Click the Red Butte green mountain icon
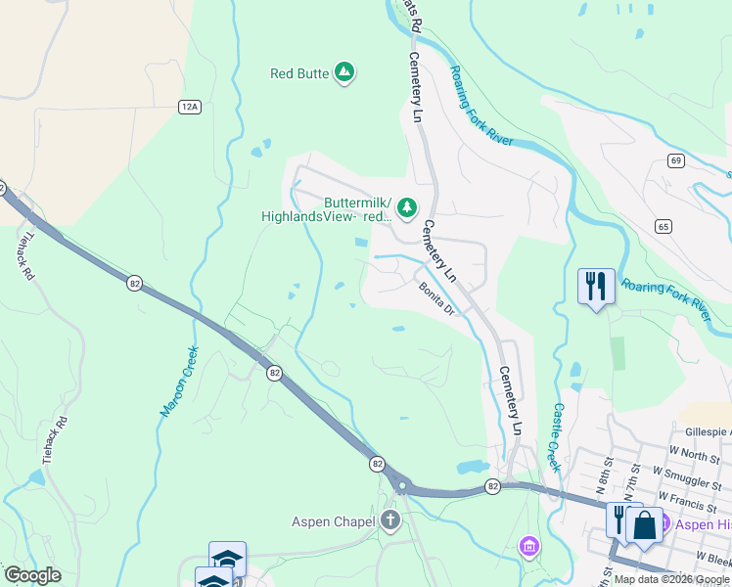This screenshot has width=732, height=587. [x=344, y=72]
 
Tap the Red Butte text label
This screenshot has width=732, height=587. [x=298, y=72]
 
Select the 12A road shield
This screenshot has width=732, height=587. [x=189, y=106]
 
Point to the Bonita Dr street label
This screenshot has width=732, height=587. [x=437, y=297]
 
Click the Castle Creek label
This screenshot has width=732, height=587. [x=557, y=437]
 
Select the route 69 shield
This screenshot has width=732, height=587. [x=676, y=159]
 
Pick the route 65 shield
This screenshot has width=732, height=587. [x=664, y=226]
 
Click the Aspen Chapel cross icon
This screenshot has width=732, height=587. [x=390, y=520]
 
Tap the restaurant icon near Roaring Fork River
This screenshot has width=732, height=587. [x=596, y=286]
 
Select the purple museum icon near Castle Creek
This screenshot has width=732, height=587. [x=529, y=545]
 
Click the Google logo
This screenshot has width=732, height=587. [x=32, y=575]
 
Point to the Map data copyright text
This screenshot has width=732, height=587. [x=671, y=579]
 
